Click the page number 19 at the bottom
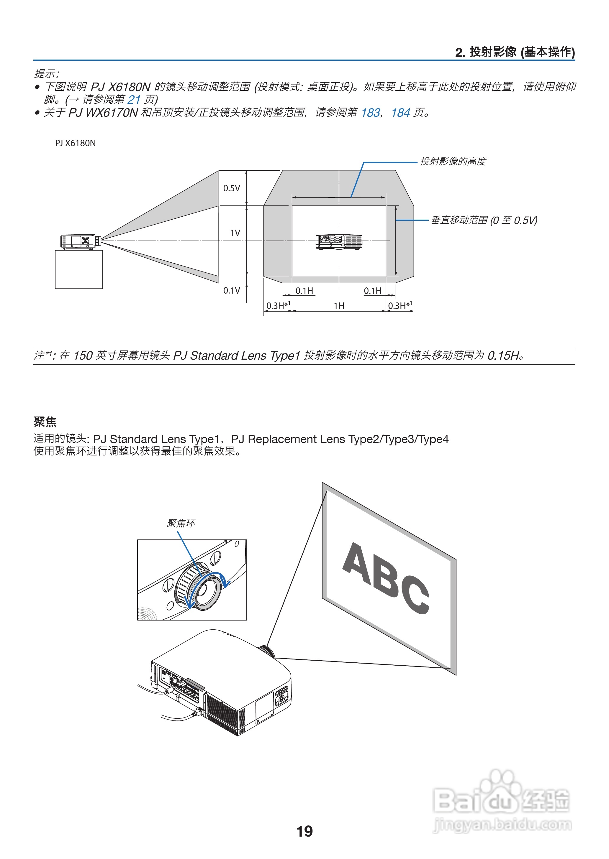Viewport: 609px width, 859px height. (x=304, y=831)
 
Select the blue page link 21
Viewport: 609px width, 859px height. (x=134, y=100)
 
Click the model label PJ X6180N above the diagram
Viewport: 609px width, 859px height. (x=75, y=143)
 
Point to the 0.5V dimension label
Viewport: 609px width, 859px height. (x=231, y=188)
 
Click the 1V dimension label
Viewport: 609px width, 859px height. (x=235, y=233)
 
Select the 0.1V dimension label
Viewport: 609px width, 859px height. (x=231, y=290)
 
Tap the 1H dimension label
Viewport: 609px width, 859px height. (x=339, y=306)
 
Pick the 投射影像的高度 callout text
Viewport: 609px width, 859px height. (x=453, y=162)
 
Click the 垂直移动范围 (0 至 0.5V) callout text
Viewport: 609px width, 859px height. (x=484, y=220)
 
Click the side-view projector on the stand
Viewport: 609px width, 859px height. (x=80, y=242)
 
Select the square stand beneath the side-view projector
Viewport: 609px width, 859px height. (x=79, y=269)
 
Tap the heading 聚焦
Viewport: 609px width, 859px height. (x=45, y=422)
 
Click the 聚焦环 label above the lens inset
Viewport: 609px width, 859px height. (x=181, y=523)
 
